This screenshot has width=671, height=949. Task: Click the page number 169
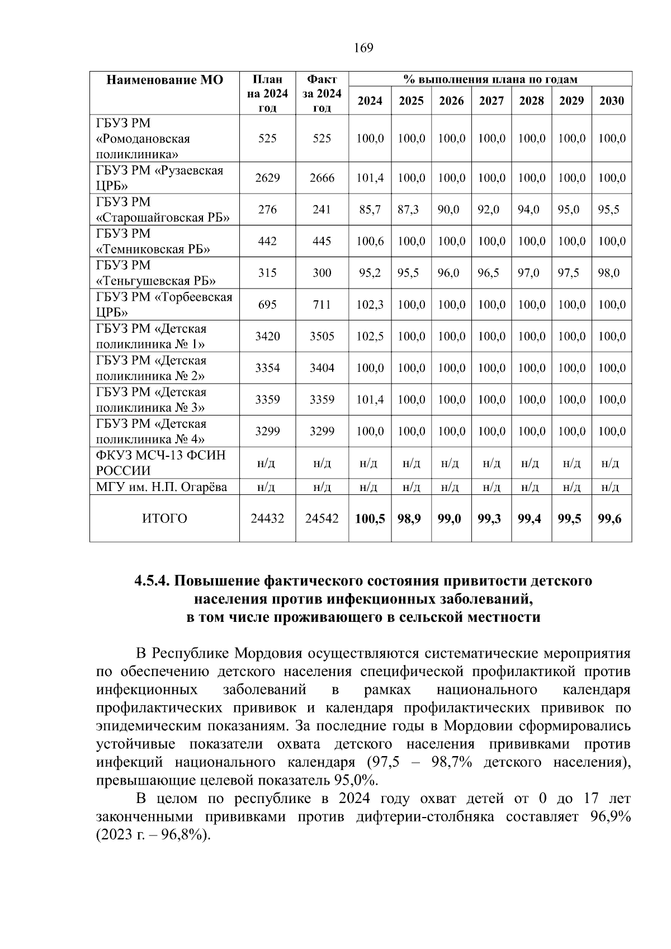click(x=363, y=48)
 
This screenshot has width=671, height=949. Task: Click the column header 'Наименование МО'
click(x=164, y=80)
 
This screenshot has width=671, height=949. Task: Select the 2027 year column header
click(x=491, y=101)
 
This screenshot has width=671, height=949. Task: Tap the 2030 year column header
click(x=611, y=101)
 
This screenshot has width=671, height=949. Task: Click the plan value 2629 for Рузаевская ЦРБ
click(x=267, y=178)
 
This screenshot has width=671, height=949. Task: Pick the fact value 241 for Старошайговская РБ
click(x=322, y=210)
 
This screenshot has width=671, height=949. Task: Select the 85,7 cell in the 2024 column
click(x=370, y=210)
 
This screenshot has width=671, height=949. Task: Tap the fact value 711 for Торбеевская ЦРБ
click(x=322, y=305)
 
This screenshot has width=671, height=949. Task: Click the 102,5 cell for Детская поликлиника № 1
click(x=370, y=336)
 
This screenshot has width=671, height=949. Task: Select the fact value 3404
click(x=322, y=368)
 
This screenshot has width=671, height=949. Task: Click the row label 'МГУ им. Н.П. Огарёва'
click(x=162, y=487)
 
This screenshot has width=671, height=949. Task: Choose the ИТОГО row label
click(x=164, y=518)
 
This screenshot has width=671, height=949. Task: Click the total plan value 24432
click(x=267, y=518)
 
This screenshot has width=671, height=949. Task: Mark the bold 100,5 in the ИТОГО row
click(x=370, y=518)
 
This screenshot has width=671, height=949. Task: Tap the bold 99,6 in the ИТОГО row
click(x=609, y=518)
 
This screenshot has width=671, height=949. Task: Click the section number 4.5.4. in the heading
click(x=152, y=581)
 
